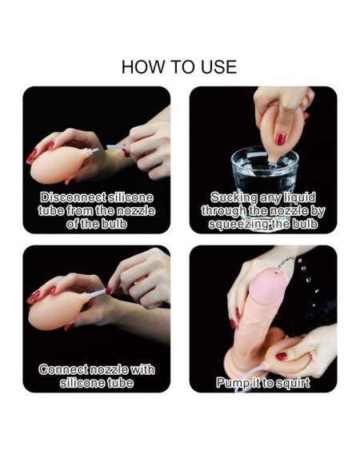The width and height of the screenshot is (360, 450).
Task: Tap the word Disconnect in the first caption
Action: (x=72, y=197)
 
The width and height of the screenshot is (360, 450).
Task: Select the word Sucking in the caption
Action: (x=234, y=197)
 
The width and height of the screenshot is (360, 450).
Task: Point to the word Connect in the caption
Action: (x=63, y=369)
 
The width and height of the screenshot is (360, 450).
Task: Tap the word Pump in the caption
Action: (x=231, y=383)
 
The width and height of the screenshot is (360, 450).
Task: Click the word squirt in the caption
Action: (x=293, y=383)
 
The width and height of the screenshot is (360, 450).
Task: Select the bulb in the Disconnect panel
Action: (x=59, y=165)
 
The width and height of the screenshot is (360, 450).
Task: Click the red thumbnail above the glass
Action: (x=280, y=138)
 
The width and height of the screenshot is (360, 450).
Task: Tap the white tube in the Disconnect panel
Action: (x=115, y=147)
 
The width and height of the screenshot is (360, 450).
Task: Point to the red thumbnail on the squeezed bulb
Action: (x=282, y=356)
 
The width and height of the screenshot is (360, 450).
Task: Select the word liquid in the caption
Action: (x=300, y=197)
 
